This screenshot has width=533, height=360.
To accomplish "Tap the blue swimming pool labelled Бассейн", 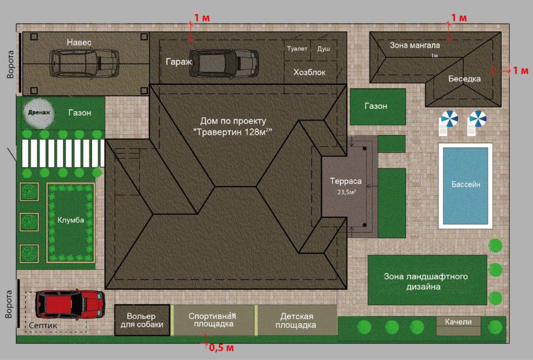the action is pyautogui.click(x=465, y=186).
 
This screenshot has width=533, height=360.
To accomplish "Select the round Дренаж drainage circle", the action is pyautogui.click(x=39, y=113).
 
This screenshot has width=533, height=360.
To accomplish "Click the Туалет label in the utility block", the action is pyautogui.click(x=297, y=48).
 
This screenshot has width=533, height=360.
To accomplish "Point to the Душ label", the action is pyautogui.click(x=324, y=49).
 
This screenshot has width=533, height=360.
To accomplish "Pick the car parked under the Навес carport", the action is pyautogui.click(x=85, y=64).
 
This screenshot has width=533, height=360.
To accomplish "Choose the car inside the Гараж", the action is pyautogui.click(x=224, y=64).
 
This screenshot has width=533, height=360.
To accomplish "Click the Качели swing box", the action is pyautogui.click(x=458, y=326).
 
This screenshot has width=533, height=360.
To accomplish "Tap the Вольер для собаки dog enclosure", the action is pyautogui.click(x=142, y=320).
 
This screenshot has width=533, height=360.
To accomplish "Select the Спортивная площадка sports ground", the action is pyautogui.click(x=213, y=320).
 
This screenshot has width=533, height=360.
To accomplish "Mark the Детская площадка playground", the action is pyautogui.click(x=296, y=320).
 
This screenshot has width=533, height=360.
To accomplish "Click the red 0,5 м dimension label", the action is pyautogui.click(x=221, y=347).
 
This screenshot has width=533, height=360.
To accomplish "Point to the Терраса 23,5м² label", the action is pyautogui.click(x=346, y=186).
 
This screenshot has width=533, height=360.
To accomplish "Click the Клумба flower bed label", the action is pyautogui.click(x=71, y=220).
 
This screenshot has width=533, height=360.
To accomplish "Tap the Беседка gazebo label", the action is pyautogui.click(x=464, y=79).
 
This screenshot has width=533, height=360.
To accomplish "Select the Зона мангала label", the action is pyautogui.click(x=415, y=45).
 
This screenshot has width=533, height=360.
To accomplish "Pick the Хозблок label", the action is pyautogui.click(x=309, y=72).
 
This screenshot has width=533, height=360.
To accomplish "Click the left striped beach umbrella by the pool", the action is pyautogui.click(x=449, y=120).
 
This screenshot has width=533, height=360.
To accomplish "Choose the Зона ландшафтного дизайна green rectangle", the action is pyautogui.click(x=427, y=280).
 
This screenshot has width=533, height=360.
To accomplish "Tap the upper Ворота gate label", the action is pyautogui.click(x=11, y=65).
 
